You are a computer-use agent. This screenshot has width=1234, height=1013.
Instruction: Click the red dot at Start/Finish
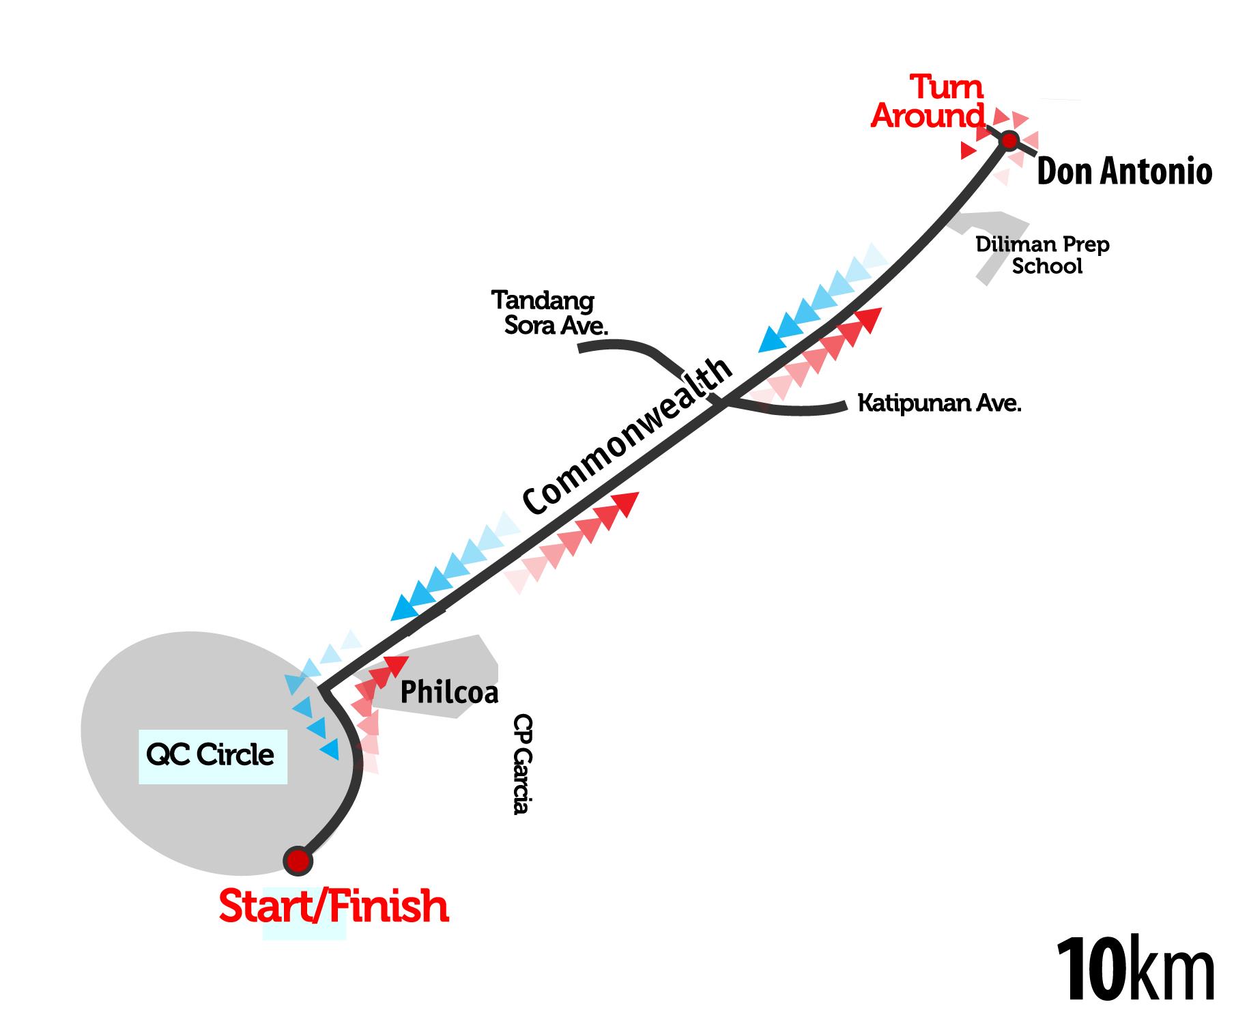coord(298,861)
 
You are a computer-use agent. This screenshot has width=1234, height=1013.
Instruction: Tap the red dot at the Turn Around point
coord(1009,141)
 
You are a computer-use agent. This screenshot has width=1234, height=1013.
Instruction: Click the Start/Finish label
coord(333,907)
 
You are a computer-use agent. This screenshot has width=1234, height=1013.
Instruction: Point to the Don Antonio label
coord(1123,171)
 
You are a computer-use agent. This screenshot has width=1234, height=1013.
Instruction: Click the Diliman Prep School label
coord(1043,255)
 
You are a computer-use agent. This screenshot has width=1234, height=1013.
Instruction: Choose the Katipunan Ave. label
coord(939,403)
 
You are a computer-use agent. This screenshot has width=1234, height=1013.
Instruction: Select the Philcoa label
coord(448,692)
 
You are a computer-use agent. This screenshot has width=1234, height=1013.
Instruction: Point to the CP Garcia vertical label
coord(522,764)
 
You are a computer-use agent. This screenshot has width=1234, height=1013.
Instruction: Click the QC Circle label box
coord(212,756)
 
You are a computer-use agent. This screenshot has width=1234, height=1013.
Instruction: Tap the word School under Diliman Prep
coord(1047,266)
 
